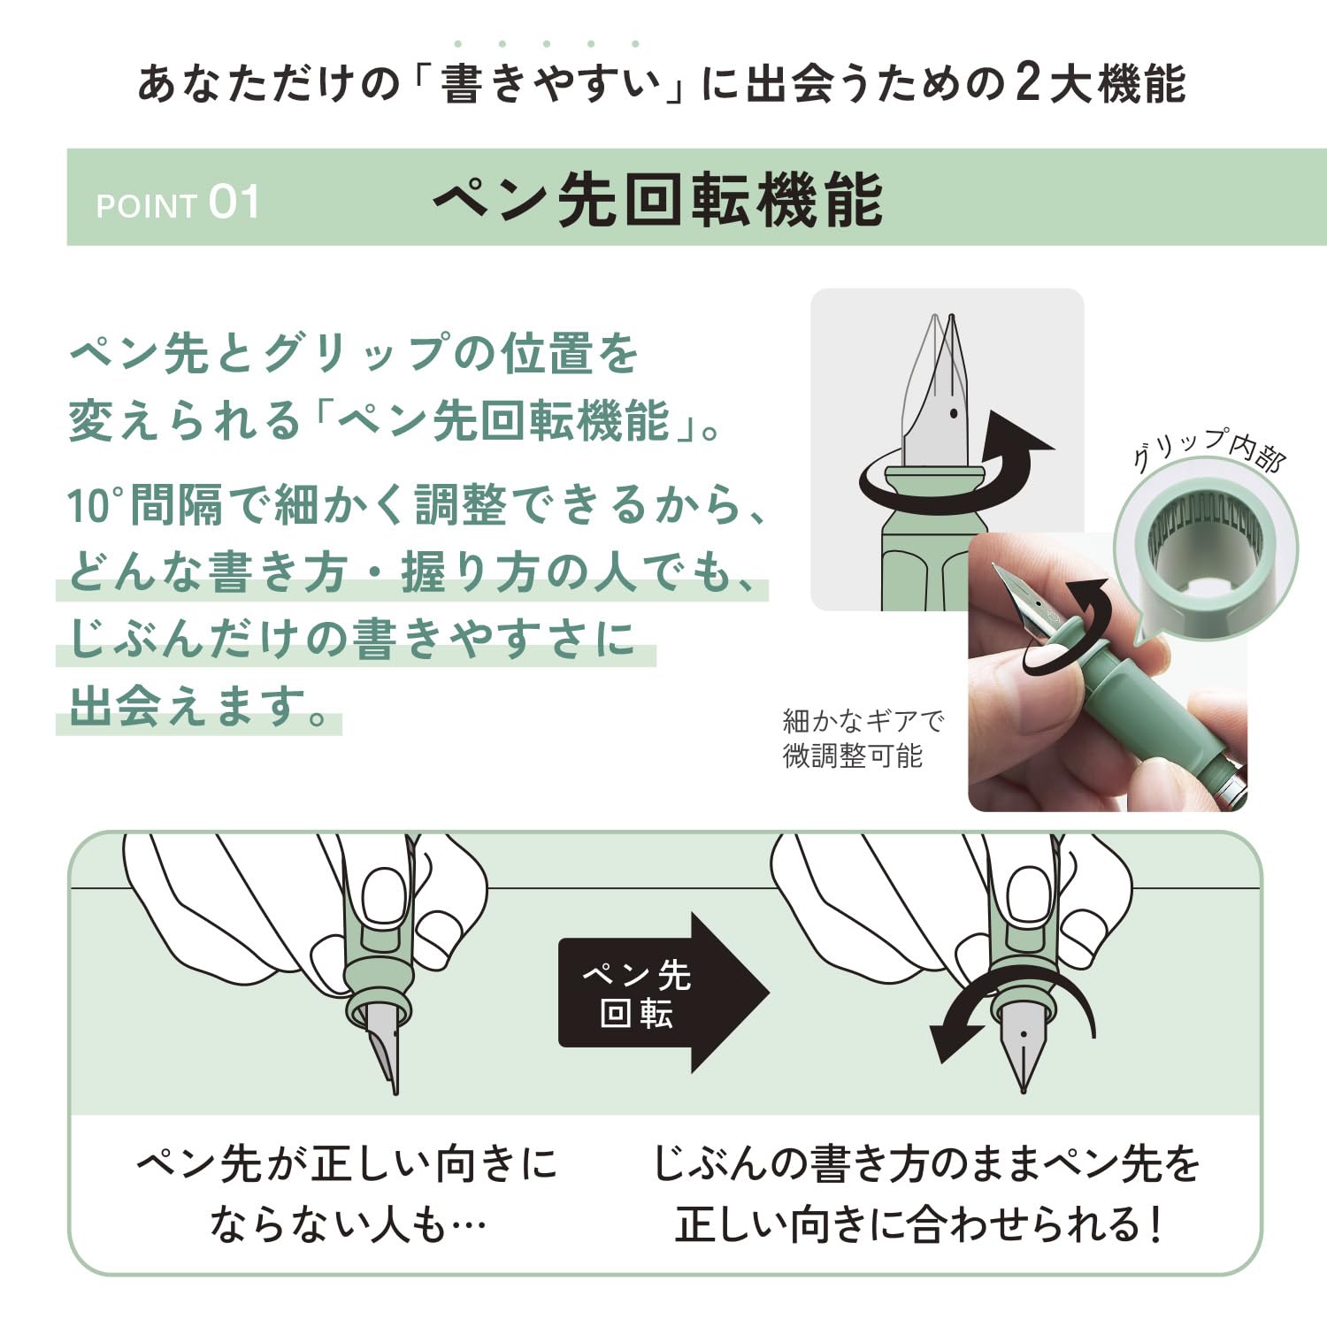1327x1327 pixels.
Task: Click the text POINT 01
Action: click(x=178, y=203)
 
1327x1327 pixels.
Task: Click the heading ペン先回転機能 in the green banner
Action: click(x=658, y=200)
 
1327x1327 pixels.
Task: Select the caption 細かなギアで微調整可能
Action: click(x=863, y=738)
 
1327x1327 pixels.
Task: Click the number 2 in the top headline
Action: click(x=1027, y=84)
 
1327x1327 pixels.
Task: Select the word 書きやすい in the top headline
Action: click(x=550, y=85)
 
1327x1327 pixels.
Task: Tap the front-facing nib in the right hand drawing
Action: click(x=1024, y=1049)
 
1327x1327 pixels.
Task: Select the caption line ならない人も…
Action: click(x=348, y=1225)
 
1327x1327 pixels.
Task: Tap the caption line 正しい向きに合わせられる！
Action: click(x=920, y=1225)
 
